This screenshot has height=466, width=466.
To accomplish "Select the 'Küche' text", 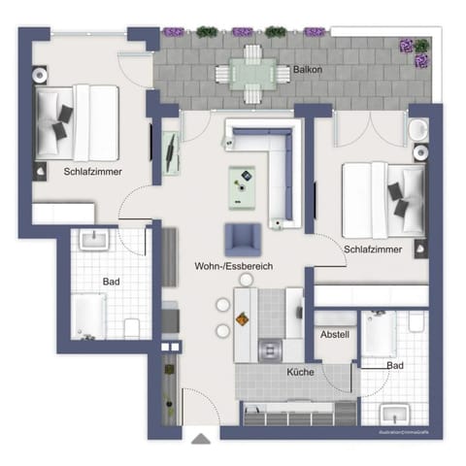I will point(299,372).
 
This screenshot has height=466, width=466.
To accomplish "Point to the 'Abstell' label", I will point(334,334).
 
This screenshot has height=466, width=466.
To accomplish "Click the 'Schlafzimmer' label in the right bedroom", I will point(373,250).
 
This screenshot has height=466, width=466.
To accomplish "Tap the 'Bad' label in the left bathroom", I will point(111,282).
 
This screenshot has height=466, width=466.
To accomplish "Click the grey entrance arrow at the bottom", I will point(201,439).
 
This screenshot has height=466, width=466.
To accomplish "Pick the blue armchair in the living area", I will point(242,239).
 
